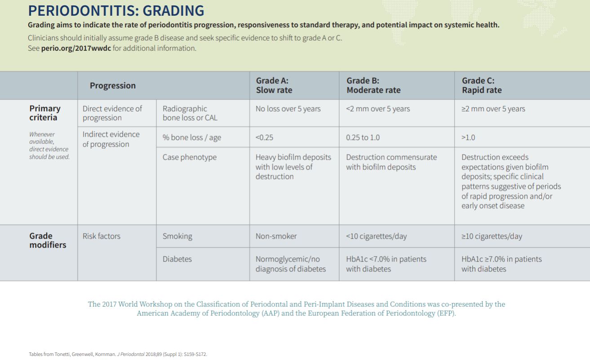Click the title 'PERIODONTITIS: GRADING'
click(x=116, y=10)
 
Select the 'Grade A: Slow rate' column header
click(x=274, y=85)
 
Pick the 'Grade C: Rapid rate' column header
click(x=482, y=85)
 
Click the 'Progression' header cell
click(x=112, y=85)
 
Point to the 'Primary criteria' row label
click(x=44, y=113)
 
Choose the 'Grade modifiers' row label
click(x=47, y=240)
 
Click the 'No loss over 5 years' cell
click(x=288, y=109)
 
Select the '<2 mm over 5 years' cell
click(x=377, y=109)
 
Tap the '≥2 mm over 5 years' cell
click(x=493, y=109)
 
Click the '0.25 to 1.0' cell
click(x=363, y=138)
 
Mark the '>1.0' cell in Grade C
click(x=468, y=138)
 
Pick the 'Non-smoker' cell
click(x=276, y=236)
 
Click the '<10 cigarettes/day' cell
click(x=376, y=236)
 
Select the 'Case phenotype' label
click(x=189, y=157)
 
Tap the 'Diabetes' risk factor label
click(x=177, y=259)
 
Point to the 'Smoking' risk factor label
click(x=177, y=236)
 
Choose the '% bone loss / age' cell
click(x=191, y=138)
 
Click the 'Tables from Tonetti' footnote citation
click(x=118, y=354)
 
